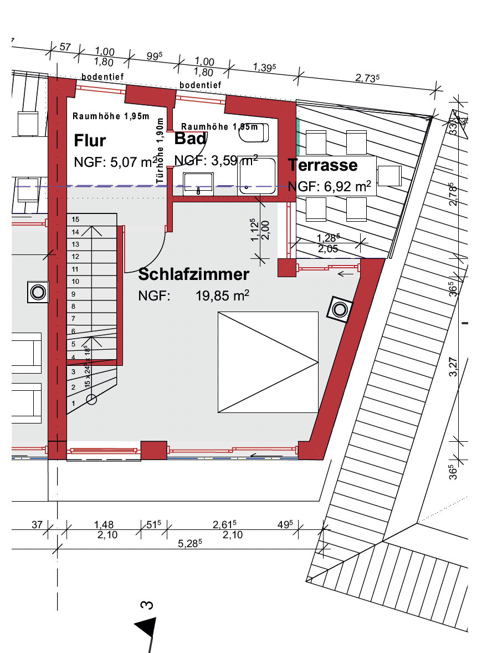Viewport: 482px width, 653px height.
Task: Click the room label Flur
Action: coord(90,141)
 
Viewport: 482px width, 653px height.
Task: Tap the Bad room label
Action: coord(190,138)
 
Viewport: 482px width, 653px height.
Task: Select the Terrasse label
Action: coord(322,165)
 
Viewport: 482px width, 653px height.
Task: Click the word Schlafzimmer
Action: coord(193,274)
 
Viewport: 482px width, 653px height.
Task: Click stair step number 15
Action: coord(75,220)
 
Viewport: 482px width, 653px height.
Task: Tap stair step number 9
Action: coord(73,294)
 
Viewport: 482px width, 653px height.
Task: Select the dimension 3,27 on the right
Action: coord(454,367)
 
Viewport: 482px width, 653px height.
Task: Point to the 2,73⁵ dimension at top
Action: coord(367,79)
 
